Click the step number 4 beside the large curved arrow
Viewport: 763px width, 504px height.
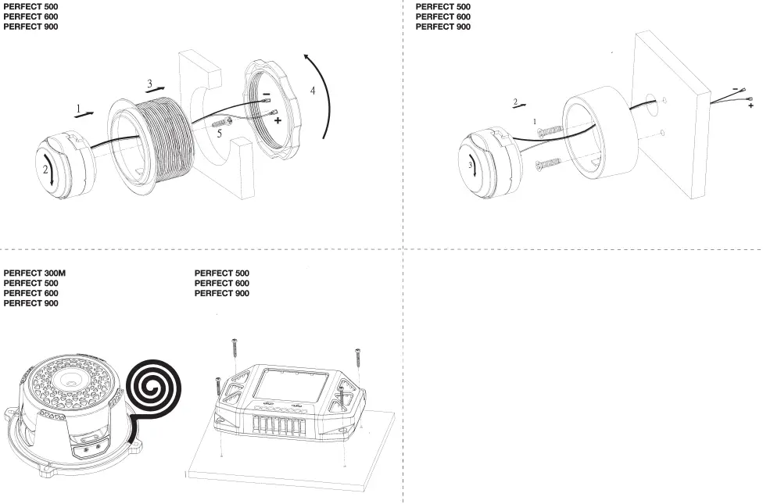click(313, 91)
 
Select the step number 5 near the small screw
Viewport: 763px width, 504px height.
click(220, 134)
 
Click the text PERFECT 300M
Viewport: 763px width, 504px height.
click(35, 273)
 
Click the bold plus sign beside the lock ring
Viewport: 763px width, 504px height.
click(277, 122)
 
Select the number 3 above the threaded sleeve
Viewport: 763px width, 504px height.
click(149, 83)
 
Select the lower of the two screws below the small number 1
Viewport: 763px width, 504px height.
click(550, 163)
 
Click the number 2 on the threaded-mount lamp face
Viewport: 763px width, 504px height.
click(46, 169)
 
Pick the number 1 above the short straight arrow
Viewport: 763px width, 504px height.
click(78, 107)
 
